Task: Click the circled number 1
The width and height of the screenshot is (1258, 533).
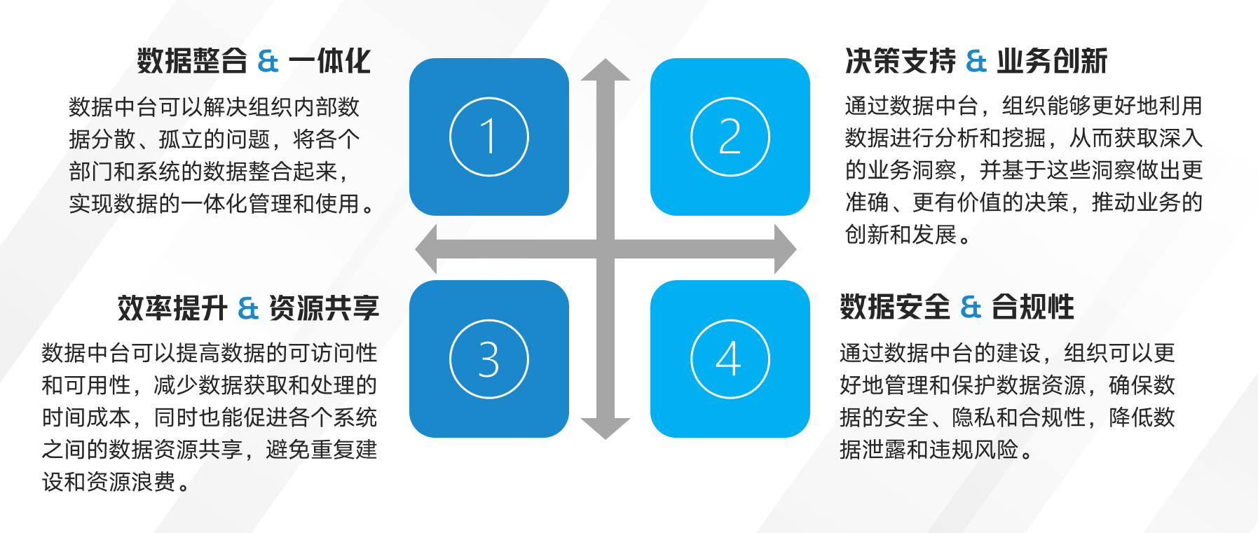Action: [x=488, y=137]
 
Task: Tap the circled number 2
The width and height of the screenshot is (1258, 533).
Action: [x=730, y=137]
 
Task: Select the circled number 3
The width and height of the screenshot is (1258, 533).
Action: [x=488, y=359]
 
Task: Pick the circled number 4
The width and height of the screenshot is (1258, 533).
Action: [x=730, y=359]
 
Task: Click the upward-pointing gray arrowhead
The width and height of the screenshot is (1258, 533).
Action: [x=606, y=69]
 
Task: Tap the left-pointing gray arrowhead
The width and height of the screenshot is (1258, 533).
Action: [x=426, y=249]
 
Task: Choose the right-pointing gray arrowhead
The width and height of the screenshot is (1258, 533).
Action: [x=786, y=249]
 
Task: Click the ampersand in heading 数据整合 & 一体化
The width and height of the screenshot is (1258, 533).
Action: [x=268, y=61]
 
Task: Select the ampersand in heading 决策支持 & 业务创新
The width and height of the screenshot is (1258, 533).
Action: [x=976, y=61]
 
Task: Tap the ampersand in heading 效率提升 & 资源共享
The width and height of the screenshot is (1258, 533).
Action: [x=249, y=308]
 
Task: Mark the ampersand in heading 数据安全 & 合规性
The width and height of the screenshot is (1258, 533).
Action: [x=971, y=307]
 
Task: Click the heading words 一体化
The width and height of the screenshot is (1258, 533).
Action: [x=329, y=61]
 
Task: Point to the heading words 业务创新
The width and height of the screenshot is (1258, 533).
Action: [x=1052, y=61]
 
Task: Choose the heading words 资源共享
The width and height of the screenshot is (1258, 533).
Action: [x=324, y=308]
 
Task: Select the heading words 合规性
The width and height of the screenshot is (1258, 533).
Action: [x=1032, y=307]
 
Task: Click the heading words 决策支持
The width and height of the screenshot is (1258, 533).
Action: [x=901, y=61]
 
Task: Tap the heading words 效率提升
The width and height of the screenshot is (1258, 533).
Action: [x=173, y=308]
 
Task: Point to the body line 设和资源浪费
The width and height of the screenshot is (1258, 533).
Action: [x=116, y=482]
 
